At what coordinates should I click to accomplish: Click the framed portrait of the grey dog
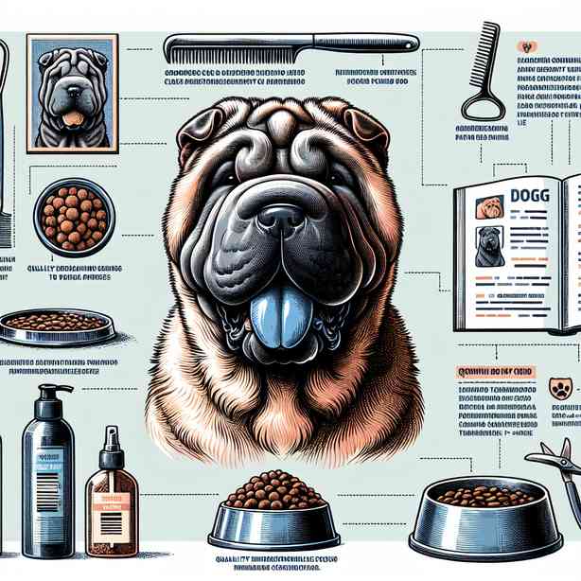72,93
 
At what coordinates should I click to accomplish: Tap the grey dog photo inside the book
489,246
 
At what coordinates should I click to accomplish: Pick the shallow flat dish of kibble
56,325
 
